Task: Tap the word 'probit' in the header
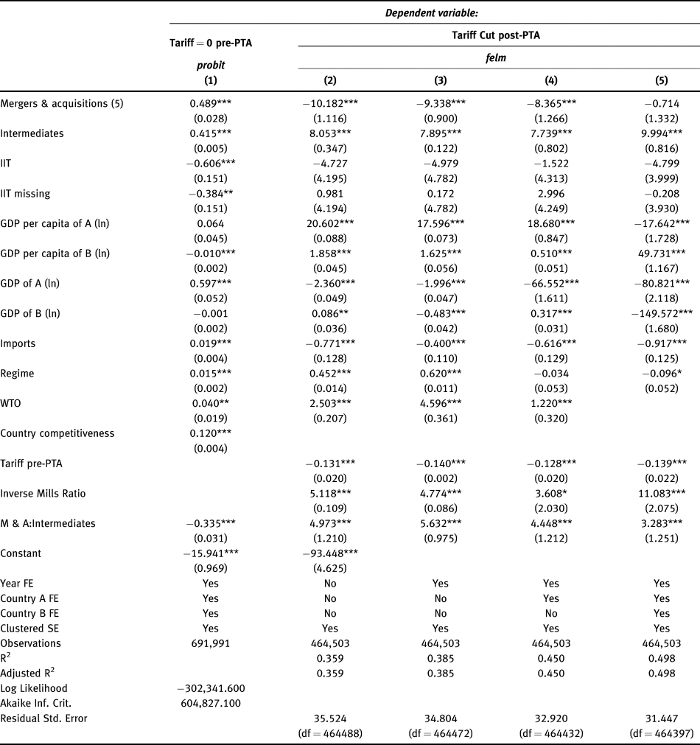click(211, 66)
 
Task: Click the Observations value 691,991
click(211, 643)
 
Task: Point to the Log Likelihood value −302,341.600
click(211, 688)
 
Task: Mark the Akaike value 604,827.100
click(211, 703)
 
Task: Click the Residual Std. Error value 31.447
click(661, 718)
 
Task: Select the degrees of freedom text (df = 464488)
click(330, 732)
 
